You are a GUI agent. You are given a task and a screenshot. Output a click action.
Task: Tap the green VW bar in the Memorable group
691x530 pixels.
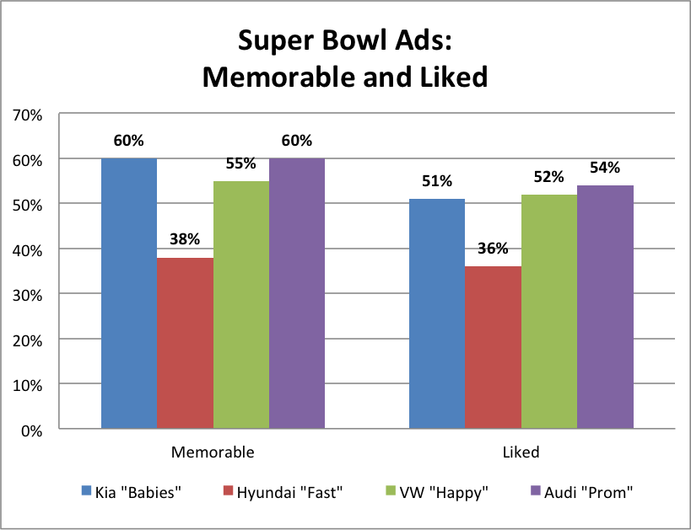(x=240, y=305)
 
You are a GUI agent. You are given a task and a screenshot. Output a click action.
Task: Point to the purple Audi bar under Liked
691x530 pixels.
(x=605, y=307)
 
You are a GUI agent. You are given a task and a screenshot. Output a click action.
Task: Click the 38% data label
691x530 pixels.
(x=185, y=239)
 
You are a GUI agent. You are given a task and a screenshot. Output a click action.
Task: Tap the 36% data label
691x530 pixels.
(x=493, y=249)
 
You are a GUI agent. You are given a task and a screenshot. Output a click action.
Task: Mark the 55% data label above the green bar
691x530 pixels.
(x=240, y=163)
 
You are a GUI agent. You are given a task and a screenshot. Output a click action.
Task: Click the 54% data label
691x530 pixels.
(x=605, y=168)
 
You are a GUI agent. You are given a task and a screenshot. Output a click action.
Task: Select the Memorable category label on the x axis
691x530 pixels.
(x=212, y=452)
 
